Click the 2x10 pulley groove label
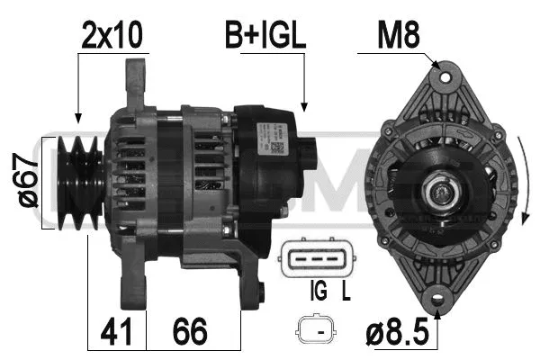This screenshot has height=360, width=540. coord(113,35)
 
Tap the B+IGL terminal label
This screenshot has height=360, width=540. coord(265,35)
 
